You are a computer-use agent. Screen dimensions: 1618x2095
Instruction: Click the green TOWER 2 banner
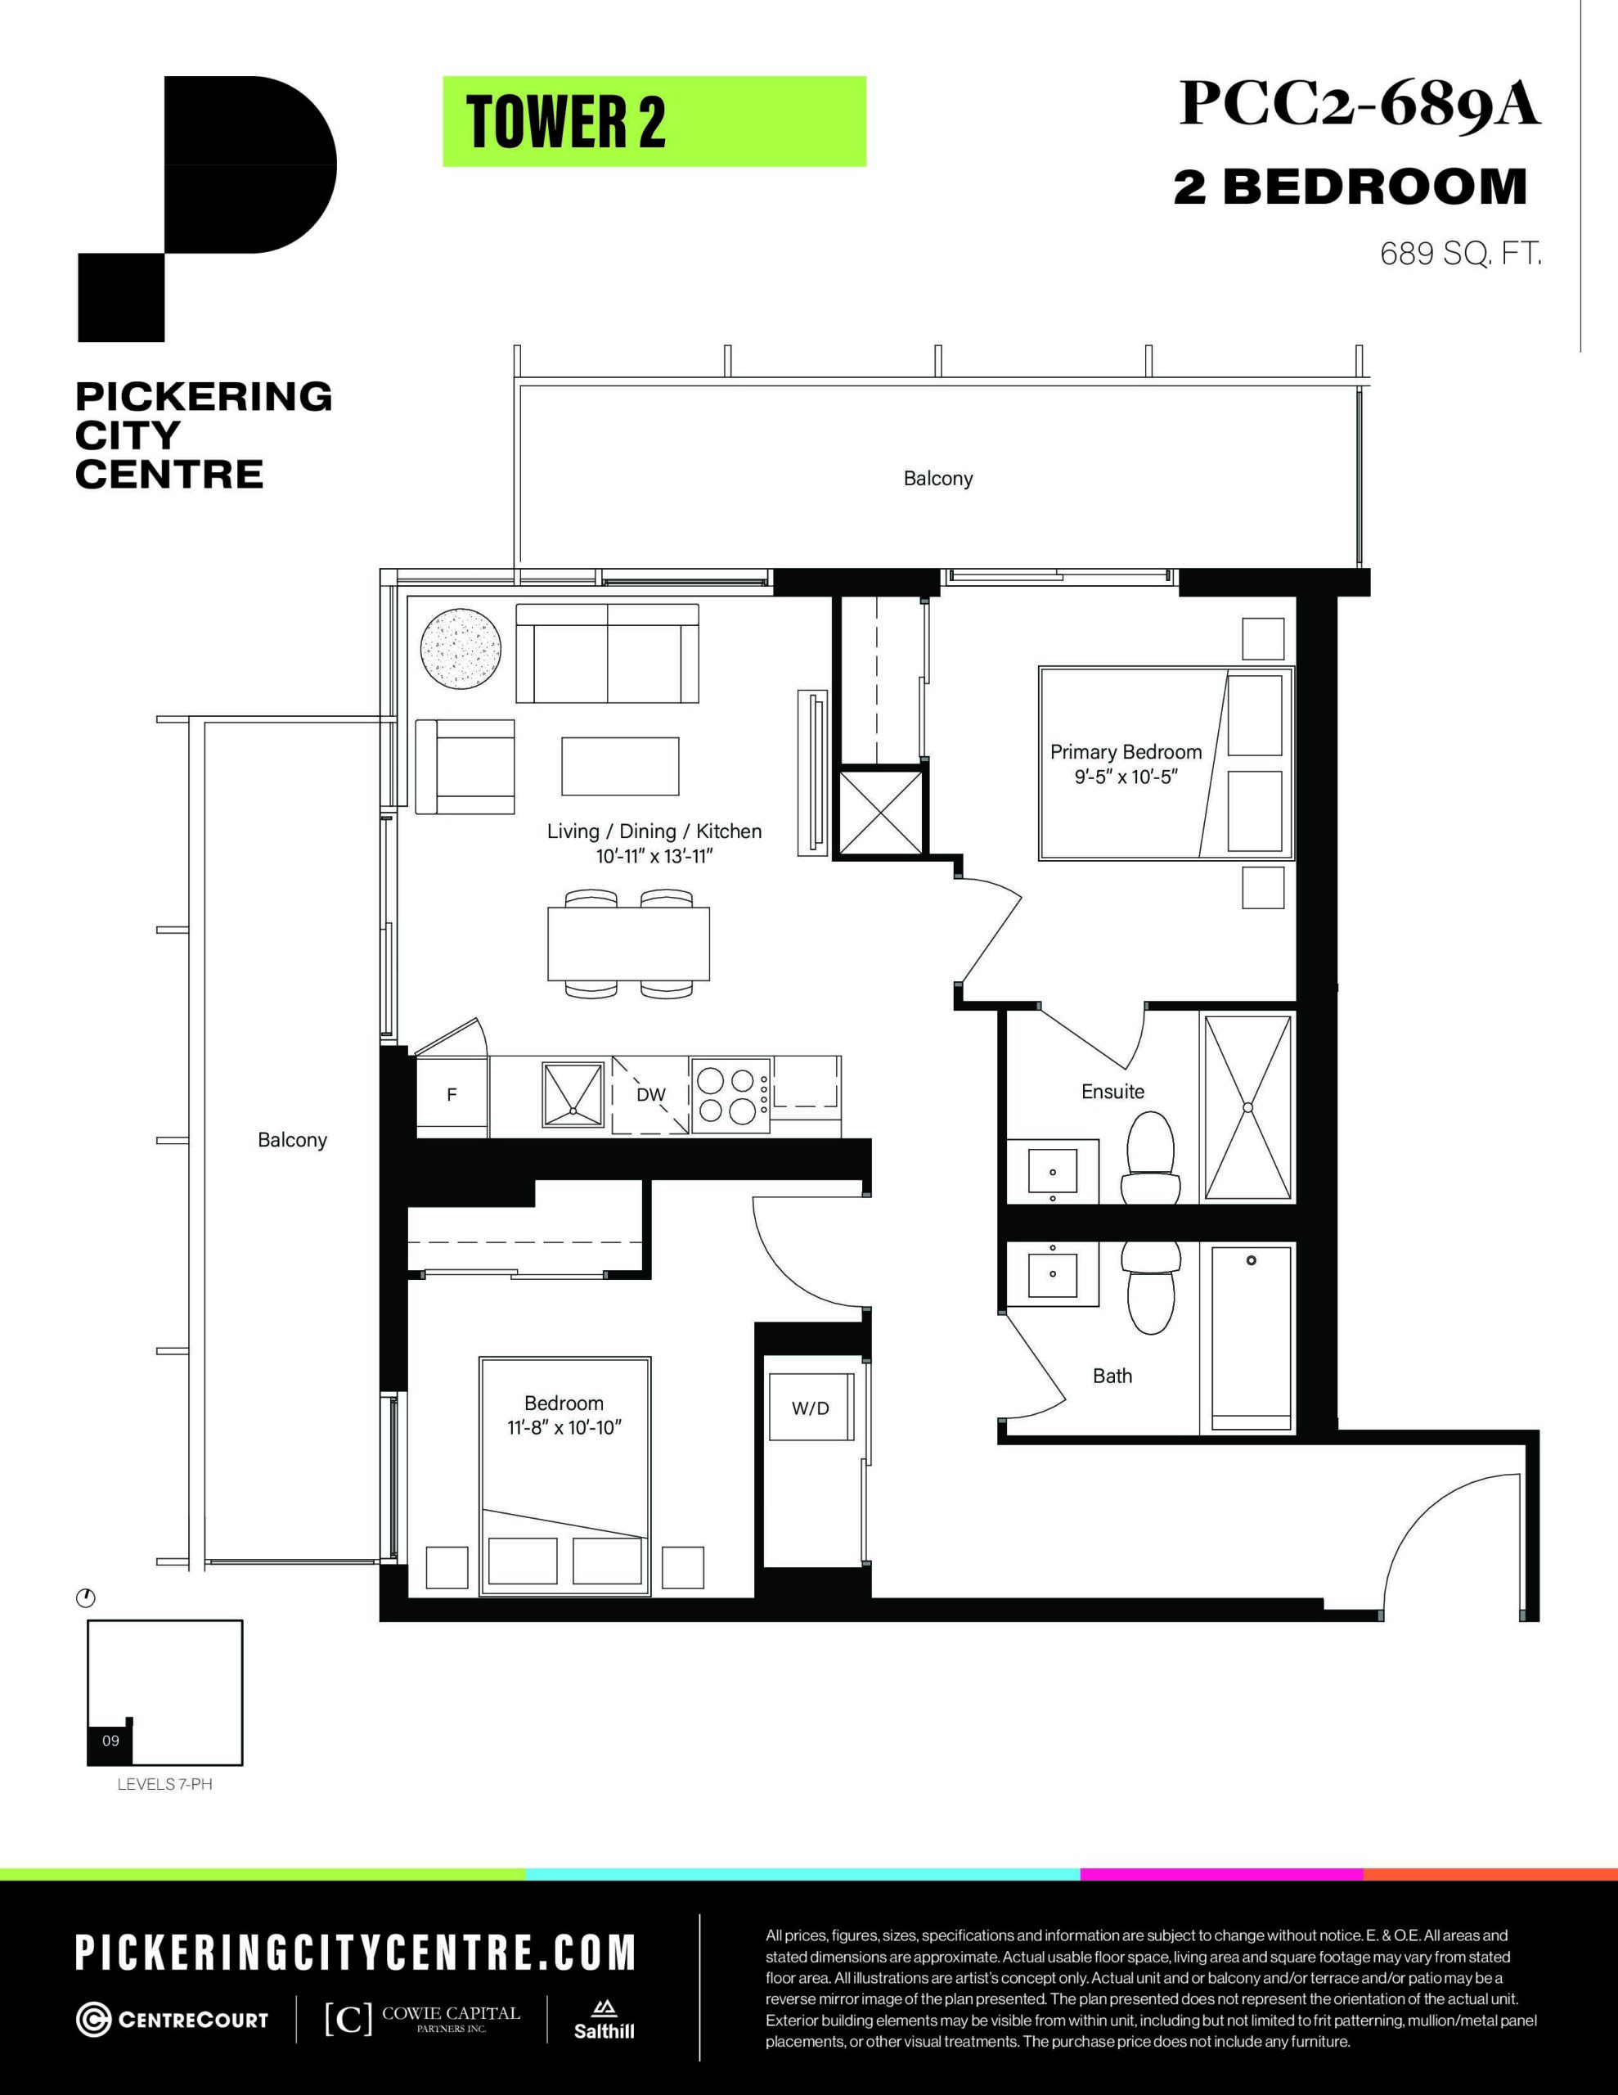point(654,122)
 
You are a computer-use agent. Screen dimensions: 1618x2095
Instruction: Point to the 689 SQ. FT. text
point(1461,255)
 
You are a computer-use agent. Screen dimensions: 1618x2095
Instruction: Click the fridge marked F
point(452,1094)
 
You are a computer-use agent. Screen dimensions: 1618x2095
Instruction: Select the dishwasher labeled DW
point(651,1094)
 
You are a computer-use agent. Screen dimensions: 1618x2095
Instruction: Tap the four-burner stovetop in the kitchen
point(730,1094)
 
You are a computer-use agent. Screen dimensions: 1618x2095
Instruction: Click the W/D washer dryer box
point(811,1408)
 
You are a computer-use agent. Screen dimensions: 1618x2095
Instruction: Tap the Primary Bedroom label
point(1126,752)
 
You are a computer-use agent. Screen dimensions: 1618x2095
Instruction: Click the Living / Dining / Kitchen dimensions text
point(654,856)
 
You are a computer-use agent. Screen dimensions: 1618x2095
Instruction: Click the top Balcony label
point(938,479)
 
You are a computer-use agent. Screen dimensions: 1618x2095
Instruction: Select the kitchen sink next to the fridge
point(573,1093)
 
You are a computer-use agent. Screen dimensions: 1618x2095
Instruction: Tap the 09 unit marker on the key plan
point(110,1740)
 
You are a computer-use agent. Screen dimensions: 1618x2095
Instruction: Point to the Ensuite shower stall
point(1247,1107)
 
